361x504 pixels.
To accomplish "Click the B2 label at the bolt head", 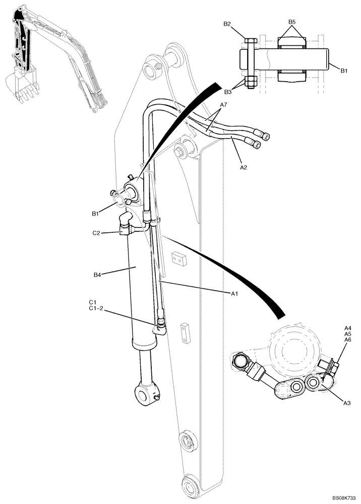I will [x=227, y=24].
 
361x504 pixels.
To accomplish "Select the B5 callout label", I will [x=292, y=22].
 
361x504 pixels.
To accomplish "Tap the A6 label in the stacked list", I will [x=348, y=340].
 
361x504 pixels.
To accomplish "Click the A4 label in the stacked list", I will [x=348, y=328].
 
